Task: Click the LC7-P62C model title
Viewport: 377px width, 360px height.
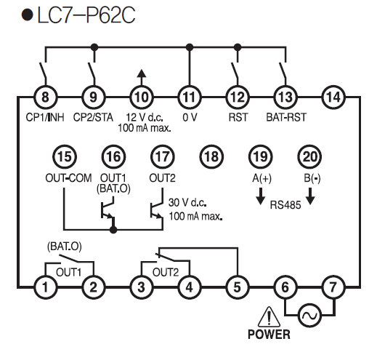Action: (x=86, y=15)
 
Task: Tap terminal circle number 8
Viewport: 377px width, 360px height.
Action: (x=45, y=97)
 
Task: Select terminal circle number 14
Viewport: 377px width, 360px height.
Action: (x=333, y=97)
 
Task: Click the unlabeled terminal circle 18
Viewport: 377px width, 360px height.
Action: (x=211, y=156)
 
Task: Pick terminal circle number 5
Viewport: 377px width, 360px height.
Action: (x=238, y=287)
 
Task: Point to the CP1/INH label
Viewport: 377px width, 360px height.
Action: (x=45, y=118)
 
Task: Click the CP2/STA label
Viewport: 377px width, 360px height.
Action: (x=93, y=118)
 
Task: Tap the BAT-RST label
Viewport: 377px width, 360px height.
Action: (x=286, y=117)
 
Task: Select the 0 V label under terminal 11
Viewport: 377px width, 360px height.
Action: (x=190, y=118)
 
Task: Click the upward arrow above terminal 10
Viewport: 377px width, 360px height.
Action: (x=142, y=78)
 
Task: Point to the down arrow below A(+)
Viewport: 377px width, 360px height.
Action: (x=261, y=196)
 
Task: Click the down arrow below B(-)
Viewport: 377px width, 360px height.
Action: (x=310, y=196)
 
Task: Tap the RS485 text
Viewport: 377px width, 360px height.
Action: (x=285, y=205)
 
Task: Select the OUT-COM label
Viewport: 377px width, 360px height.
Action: (x=68, y=178)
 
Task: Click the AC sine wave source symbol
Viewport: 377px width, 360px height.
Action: (x=309, y=316)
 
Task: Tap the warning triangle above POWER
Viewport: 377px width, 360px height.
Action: (x=269, y=317)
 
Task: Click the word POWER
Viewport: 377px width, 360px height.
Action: (x=269, y=335)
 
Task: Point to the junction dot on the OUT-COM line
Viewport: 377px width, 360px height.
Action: (x=113, y=229)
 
